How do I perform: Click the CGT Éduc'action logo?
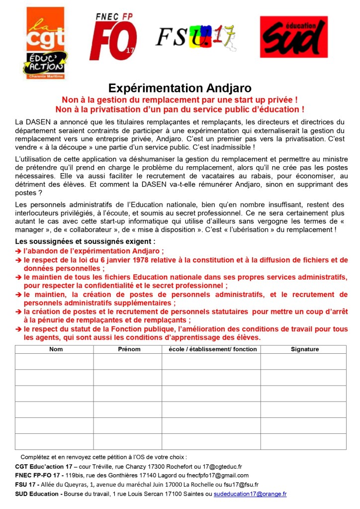pyautogui.click(x=46, y=43)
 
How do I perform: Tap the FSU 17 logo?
pyautogui.click(x=196, y=37)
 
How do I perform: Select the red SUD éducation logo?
pyautogui.click(x=293, y=37)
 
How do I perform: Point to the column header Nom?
pyautogui.click(x=56, y=349)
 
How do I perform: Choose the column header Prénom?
pyautogui.click(x=129, y=349)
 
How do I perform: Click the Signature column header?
pyautogui.click(x=305, y=349)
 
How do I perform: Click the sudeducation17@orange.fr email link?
pyautogui.click(x=250, y=494)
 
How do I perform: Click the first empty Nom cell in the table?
pyautogui.click(x=54, y=361)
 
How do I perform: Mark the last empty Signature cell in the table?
pyautogui.click(x=303, y=441)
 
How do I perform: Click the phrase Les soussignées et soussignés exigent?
pyautogui.click(x=85, y=242)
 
